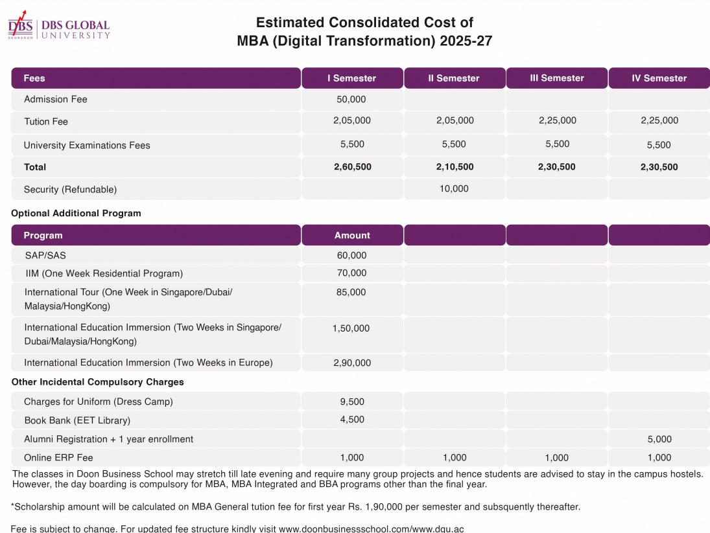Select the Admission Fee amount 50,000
click(351, 99)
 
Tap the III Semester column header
click(557, 78)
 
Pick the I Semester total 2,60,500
click(353, 167)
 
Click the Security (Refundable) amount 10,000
click(454, 189)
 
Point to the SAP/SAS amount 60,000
click(351, 255)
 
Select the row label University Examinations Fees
click(87, 145)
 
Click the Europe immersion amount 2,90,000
click(352, 363)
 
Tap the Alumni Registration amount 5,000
click(659, 439)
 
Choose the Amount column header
click(352, 235)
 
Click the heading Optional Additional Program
click(76, 213)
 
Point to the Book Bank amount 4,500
click(352, 420)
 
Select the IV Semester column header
click(659, 78)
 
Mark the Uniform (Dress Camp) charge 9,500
click(352, 402)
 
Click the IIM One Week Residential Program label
click(104, 273)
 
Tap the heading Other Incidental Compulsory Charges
click(98, 382)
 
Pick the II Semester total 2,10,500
click(455, 167)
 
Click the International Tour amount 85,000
click(351, 292)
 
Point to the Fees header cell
click(34, 78)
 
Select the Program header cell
click(43, 235)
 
